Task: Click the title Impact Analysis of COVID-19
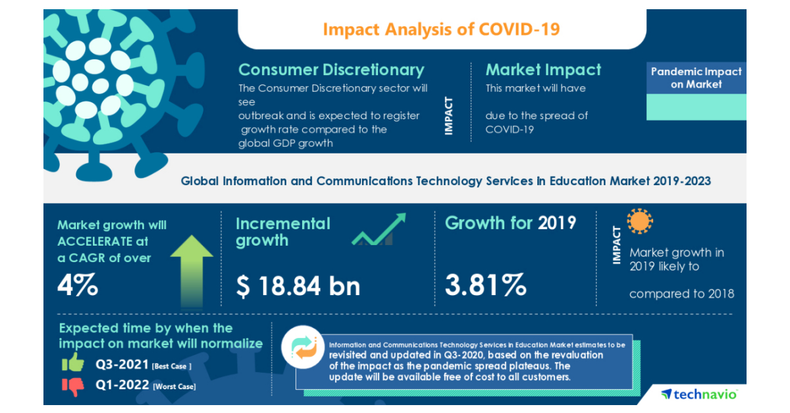[441, 30]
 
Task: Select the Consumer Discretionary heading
[331, 70]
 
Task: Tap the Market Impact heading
[543, 70]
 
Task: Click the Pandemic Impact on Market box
[696, 78]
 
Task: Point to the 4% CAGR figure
[78, 285]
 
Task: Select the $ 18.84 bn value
[298, 286]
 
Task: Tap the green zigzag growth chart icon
[379, 230]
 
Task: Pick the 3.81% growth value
[486, 285]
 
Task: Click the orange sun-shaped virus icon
[639, 222]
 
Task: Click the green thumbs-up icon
[72, 363]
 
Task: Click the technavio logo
[699, 394]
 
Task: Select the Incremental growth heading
[283, 232]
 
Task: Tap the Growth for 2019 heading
[510, 223]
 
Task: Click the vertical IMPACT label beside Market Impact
[449, 116]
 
